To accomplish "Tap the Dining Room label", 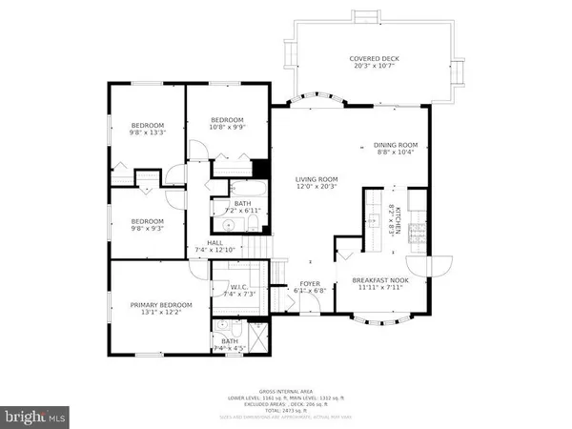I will click(x=397, y=149).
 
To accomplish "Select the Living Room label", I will click(x=316, y=182).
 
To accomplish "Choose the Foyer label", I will click(x=311, y=286).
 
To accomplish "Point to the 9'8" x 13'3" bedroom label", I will click(x=148, y=129).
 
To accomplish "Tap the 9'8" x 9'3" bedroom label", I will click(x=148, y=225).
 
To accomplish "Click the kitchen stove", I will click(x=417, y=233).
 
